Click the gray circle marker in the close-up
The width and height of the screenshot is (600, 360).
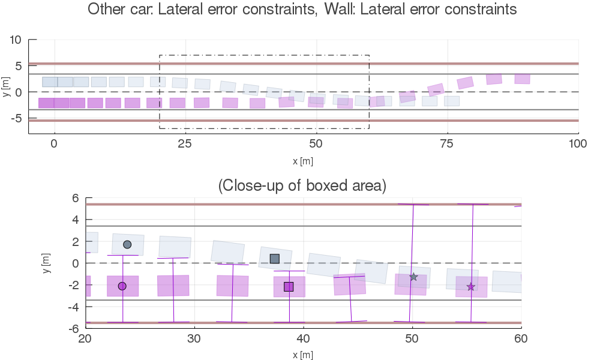pos(127,244)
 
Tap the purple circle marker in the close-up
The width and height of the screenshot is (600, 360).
pos(122,286)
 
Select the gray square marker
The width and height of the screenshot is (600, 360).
pos(275,259)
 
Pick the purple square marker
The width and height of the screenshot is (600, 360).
pos(289,287)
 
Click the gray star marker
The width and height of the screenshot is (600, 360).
pos(413,277)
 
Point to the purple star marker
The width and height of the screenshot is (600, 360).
pos(470,287)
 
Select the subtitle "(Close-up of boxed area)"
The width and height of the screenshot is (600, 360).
pos(302,186)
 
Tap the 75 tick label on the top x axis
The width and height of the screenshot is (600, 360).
pos(447,144)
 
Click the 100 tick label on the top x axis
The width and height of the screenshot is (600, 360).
pos(578,144)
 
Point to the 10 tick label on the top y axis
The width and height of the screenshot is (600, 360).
pos(16,40)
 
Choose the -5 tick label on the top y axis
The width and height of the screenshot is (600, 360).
pos(17,119)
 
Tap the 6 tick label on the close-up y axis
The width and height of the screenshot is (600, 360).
pos(76,198)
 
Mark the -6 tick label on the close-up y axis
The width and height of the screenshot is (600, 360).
pos(74,329)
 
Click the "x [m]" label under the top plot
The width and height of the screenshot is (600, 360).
pos(303,161)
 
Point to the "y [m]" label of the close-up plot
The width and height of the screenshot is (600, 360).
pos(46,263)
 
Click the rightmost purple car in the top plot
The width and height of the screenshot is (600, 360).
pos(523,79)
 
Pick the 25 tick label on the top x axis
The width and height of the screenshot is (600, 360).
pos(185,144)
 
